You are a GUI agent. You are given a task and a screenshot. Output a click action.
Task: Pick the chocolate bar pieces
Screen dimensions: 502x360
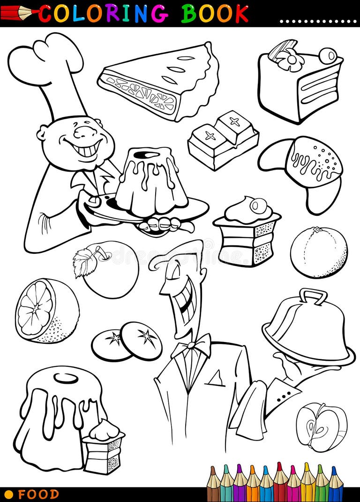click(224, 139)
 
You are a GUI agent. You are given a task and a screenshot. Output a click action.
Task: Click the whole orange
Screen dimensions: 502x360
click(319, 252)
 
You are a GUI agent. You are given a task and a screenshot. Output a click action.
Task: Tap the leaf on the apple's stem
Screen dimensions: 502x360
click(84, 263)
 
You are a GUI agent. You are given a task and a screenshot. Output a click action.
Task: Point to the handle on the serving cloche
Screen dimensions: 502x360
click(313, 296)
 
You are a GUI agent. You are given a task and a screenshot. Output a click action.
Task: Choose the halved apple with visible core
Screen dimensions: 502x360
click(321, 427)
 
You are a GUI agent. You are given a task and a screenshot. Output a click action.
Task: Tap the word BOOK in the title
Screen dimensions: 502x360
click(215, 13)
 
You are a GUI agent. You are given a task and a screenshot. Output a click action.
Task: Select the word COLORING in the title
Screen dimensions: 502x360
click(103, 13)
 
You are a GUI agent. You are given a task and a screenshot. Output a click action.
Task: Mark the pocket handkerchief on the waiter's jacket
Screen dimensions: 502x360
click(216, 378)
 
